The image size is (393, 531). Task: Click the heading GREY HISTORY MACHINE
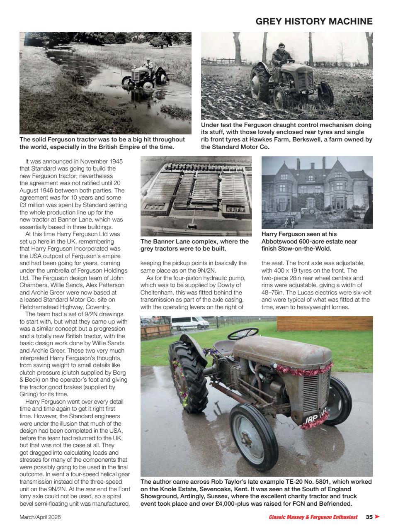(x=314, y=22)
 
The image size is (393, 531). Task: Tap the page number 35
(x=369, y=517)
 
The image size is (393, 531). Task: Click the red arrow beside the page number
(x=377, y=517)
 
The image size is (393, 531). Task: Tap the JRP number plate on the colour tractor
(x=315, y=420)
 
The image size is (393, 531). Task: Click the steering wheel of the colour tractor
(x=243, y=333)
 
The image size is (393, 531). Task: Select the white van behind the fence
(x=190, y=322)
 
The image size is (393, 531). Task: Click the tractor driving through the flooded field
(x=144, y=77)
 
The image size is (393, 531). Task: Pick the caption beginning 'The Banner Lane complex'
(x=194, y=245)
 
